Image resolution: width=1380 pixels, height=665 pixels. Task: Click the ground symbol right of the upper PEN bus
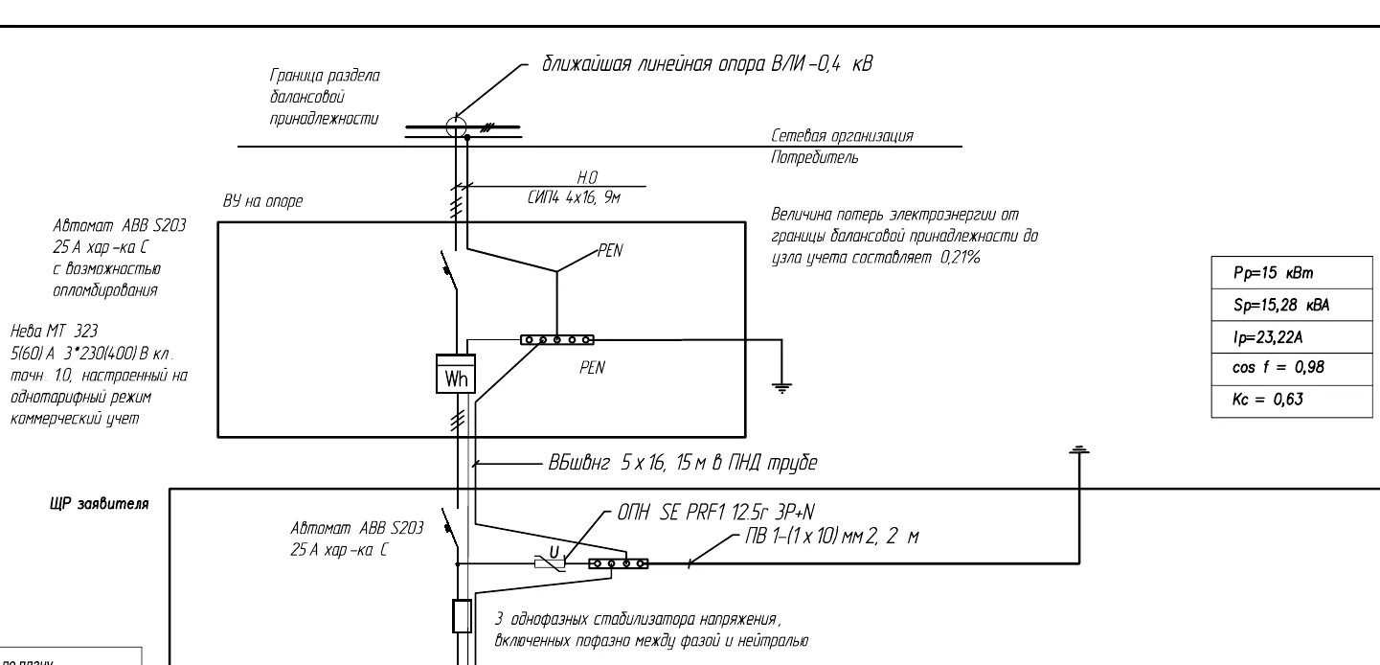782,387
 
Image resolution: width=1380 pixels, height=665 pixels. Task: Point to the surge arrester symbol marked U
550,562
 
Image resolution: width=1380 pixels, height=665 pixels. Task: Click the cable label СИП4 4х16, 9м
575,197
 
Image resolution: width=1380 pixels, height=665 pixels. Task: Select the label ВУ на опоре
262,202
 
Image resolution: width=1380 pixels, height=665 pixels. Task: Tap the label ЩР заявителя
99,504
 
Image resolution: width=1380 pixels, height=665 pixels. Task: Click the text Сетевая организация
842,136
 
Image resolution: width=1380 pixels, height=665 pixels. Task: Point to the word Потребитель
815,158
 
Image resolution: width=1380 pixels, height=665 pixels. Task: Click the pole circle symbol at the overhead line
456,125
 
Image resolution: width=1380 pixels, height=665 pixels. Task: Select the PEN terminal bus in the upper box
556,340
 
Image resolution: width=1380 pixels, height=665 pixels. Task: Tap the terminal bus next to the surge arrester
618,563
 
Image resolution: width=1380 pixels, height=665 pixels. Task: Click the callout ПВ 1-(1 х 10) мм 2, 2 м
831,538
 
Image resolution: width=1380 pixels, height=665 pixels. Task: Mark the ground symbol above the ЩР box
1079,448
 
